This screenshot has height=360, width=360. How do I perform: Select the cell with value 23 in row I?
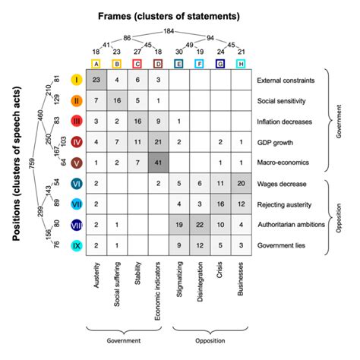(x=96, y=80)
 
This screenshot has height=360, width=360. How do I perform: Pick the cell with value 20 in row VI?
(x=241, y=182)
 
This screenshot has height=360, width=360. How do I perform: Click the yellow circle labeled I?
(x=77, y=80)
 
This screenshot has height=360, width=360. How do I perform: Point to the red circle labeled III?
(x=77, y=121)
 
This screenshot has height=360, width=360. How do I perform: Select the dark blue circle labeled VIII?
(x=77, y=224)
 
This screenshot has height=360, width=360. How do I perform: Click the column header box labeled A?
(x=96, y=64)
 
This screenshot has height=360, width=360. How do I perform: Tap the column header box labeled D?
(x=158, y=64)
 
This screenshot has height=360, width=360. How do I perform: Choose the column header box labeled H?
(x=241, y=64)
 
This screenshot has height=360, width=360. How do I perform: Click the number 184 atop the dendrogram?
(x=169, y=30)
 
